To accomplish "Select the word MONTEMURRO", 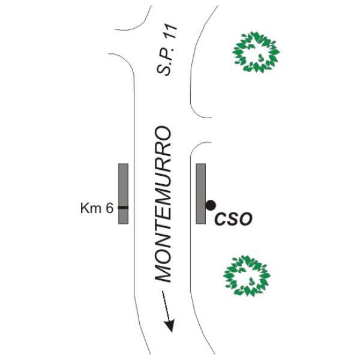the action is coord(163,204).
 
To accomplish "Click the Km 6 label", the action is coord(97,208).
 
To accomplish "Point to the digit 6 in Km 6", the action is coord(110,208).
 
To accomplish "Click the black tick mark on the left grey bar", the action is coord(123,208).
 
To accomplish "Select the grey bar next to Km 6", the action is coord(123,194).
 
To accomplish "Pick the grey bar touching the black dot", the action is coord(200,194).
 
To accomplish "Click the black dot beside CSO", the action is coord(211,205).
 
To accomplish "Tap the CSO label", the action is coord(233,219).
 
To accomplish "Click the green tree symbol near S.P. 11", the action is coord(256,52).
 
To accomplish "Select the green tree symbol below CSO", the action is coord(247,275).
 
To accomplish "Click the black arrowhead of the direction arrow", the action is coord(170,325).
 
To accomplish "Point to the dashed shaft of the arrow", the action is coord(166,305).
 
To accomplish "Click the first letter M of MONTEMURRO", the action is coord(163,273).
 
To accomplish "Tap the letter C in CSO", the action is coord(220,219).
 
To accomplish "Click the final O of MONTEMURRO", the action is coord(163,133).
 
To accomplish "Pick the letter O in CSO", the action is coord(246,219).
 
